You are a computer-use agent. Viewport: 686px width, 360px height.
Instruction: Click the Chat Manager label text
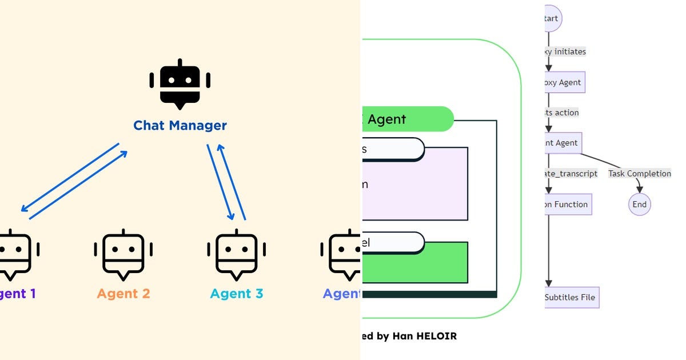click(180, 125)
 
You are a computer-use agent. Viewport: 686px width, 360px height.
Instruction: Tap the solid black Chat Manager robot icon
click(180, 84)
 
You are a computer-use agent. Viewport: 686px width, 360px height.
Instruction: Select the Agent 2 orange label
click(123, 294)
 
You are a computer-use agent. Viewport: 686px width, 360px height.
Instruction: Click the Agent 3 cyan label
click(237, 294)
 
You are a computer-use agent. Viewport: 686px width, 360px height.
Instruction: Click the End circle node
click(640, 204)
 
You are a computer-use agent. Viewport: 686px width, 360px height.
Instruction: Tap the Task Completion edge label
click(639, 173)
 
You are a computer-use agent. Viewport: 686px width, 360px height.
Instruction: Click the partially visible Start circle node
click(552, 18)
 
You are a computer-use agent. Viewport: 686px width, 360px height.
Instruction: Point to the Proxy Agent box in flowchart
click(564, 82)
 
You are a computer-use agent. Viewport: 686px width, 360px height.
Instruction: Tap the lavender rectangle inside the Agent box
click(414, 184)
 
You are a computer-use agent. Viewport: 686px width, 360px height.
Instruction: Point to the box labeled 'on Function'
click(567, 204)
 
